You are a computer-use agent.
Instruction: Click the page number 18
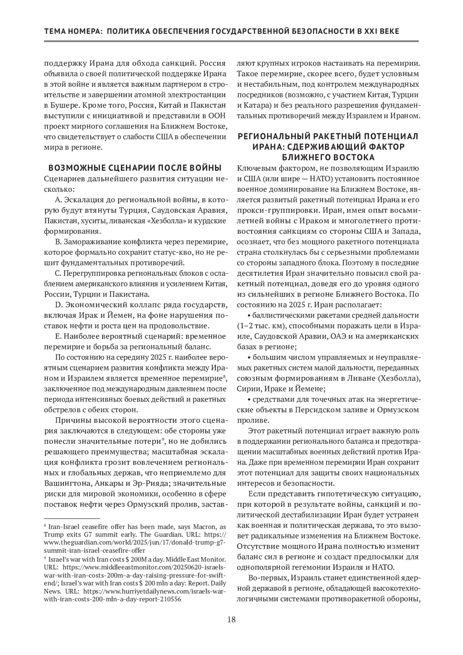231,620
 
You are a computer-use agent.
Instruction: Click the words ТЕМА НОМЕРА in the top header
71,31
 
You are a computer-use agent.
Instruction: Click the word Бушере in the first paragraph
64,105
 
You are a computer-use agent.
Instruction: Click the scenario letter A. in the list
59,200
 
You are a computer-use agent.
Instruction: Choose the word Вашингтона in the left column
64,483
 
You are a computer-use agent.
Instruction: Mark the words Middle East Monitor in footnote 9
197,559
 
